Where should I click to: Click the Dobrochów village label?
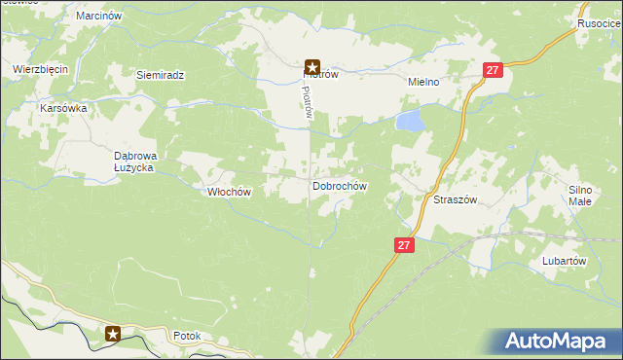[x=339, y=185]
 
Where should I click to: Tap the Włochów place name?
[x=230, y=192]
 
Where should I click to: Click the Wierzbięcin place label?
[x=39, y=69]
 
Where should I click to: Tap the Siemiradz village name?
[x=160, y=74]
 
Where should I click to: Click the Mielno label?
[x=424, y=83]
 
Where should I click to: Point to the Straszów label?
[x=454, y=198]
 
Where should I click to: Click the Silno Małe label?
[x=580, y=195]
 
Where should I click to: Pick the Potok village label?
[x=186, y=336]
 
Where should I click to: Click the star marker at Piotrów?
[x=312, y=67]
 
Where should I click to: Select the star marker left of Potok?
[x=113, y=334]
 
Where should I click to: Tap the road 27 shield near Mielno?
[x=494, y=70]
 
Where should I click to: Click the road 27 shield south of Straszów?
[x=405, y=246]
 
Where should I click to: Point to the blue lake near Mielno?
[x=410, y=121]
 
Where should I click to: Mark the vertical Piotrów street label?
[x=306, y=100]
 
